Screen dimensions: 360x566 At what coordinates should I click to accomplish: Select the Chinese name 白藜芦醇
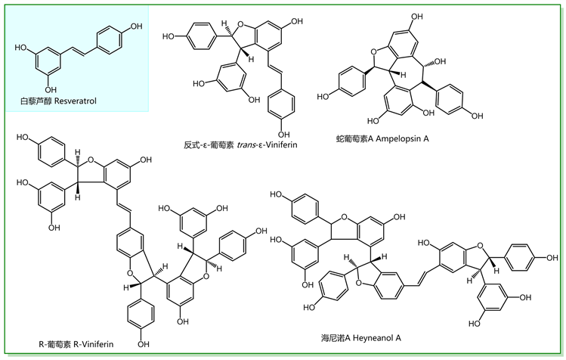click(x=38, y=100)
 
